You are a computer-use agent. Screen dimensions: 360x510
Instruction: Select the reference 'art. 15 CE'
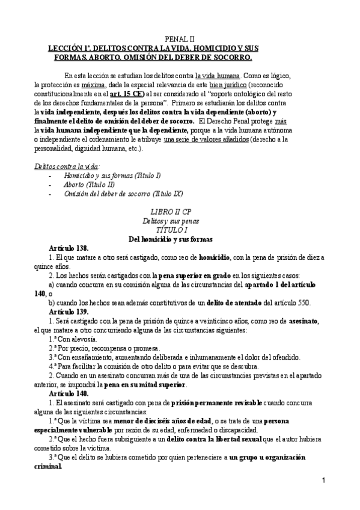[127, 94]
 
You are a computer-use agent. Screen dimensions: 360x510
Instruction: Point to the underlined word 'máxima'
[95, 85]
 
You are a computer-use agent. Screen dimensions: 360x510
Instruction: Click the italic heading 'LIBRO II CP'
[180, 212]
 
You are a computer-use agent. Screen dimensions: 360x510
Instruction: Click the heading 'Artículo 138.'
[69, 248]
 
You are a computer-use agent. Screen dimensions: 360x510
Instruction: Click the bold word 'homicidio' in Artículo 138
[216, 257]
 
